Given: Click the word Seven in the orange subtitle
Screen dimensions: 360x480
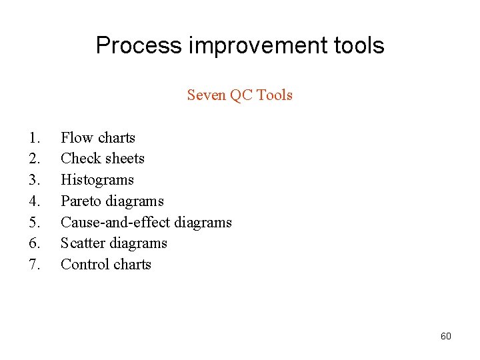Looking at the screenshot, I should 206,95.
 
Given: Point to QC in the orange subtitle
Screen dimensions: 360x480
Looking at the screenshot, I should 241,95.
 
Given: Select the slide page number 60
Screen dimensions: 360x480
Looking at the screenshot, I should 445,336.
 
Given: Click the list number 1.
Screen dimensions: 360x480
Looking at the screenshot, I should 35,138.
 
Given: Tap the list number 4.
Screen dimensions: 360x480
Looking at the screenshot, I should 35,201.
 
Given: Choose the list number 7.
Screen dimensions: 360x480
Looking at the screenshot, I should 35,265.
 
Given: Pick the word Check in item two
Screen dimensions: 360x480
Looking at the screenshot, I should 79,159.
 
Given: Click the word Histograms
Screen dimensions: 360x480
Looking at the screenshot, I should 97,180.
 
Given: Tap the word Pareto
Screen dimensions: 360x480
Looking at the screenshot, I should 79,201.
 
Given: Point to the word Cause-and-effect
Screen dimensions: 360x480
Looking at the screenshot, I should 114,222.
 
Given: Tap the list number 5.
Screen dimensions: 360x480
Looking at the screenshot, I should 35,222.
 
